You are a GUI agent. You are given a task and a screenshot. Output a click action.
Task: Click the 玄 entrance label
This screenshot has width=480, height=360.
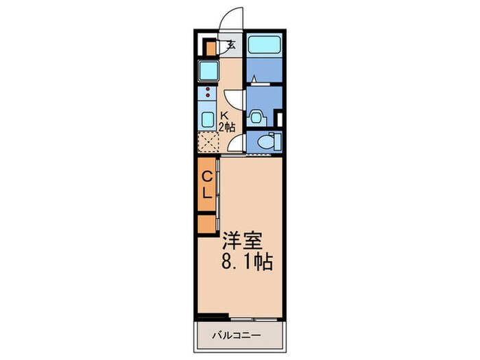[231, 47]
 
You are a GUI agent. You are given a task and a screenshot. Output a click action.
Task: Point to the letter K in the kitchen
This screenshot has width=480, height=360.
[224, 116]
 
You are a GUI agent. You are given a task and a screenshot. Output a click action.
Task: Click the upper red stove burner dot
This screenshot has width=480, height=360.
[205, 89]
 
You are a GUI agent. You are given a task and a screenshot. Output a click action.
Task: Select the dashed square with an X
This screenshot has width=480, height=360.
[208, 142]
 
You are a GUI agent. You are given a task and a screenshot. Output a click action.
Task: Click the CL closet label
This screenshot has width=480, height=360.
[206, 184]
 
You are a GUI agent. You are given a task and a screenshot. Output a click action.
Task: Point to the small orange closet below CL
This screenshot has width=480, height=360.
[206, 224]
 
